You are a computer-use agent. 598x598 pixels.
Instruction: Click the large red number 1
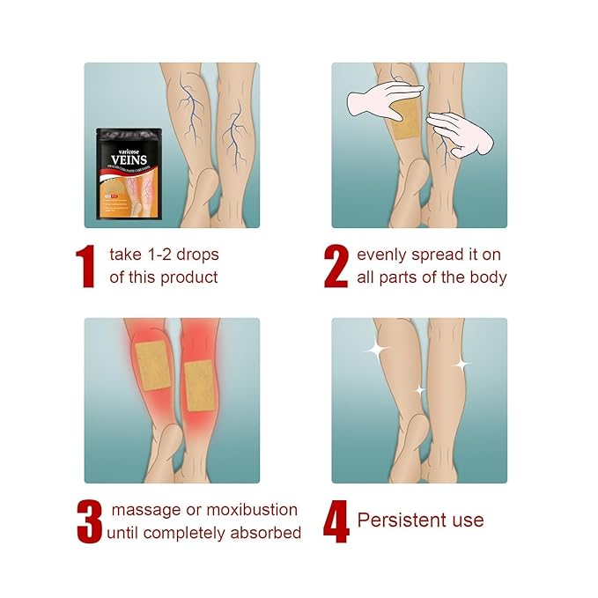tap(86, 267)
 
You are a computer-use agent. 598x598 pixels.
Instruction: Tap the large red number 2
tap(336, 267)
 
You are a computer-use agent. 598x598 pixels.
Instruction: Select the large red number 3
tap(89, 521)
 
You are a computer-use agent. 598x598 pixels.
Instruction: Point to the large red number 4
tap(336, 521)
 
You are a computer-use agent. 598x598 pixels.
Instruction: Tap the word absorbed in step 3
tap(268, 533)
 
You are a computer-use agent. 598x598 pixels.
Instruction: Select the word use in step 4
tap(467, 520)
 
